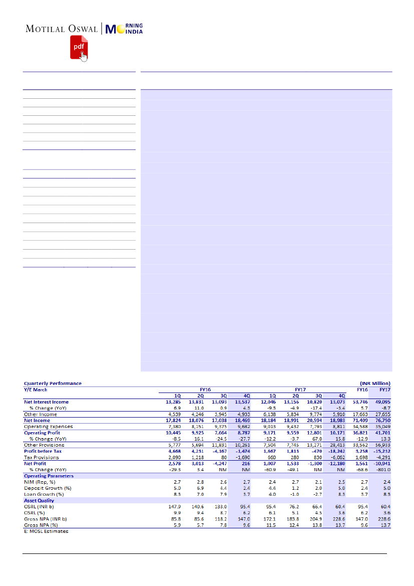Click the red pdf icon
79,47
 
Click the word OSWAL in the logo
81,29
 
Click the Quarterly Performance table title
53,383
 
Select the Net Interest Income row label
47,402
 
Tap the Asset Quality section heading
39,500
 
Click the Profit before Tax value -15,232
381,451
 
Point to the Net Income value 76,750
383,421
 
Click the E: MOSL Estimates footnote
47,531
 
